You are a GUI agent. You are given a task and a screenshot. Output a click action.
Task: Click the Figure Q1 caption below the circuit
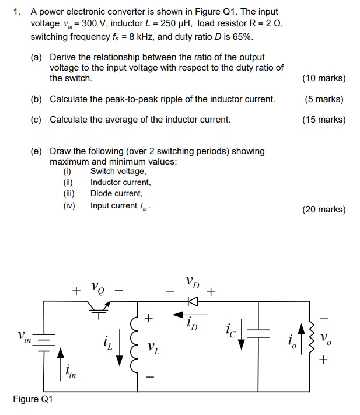pyautogui.click(x=33, y=399)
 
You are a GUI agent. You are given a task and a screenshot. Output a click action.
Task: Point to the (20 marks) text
pyautogui.click(x=324, y=210)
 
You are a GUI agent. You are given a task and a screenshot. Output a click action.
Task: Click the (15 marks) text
pyautogui.click(x=324, y=120)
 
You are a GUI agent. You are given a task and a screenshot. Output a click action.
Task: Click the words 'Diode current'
pyautogui.click(x=116, y=193)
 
